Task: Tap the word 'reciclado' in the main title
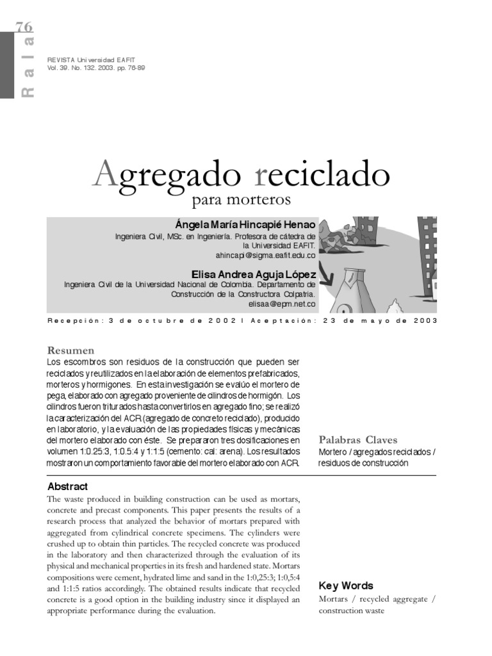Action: tap(322, 174)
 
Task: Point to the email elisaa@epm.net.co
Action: tap(282, 304)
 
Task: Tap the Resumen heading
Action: tap(70, 350)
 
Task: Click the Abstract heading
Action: tap(67, 486)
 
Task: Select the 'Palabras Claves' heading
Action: tap(357, 439)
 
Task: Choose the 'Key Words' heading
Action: tap(346, 586)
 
